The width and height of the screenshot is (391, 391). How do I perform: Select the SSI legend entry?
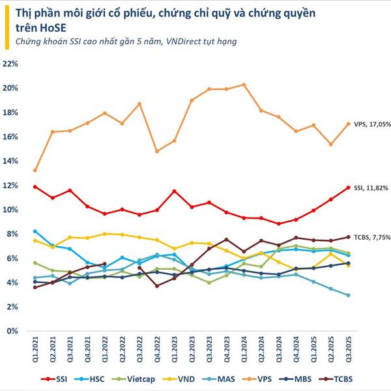(55, 379)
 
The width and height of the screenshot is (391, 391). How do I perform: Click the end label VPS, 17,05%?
(372, 124)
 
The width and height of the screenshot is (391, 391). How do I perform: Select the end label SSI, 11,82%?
(372, 188)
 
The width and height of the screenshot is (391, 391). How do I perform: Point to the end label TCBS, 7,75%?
(372, 237)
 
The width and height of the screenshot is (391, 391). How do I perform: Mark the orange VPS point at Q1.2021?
(35, 170)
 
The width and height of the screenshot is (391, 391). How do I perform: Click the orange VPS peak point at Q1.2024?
(244, 85)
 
